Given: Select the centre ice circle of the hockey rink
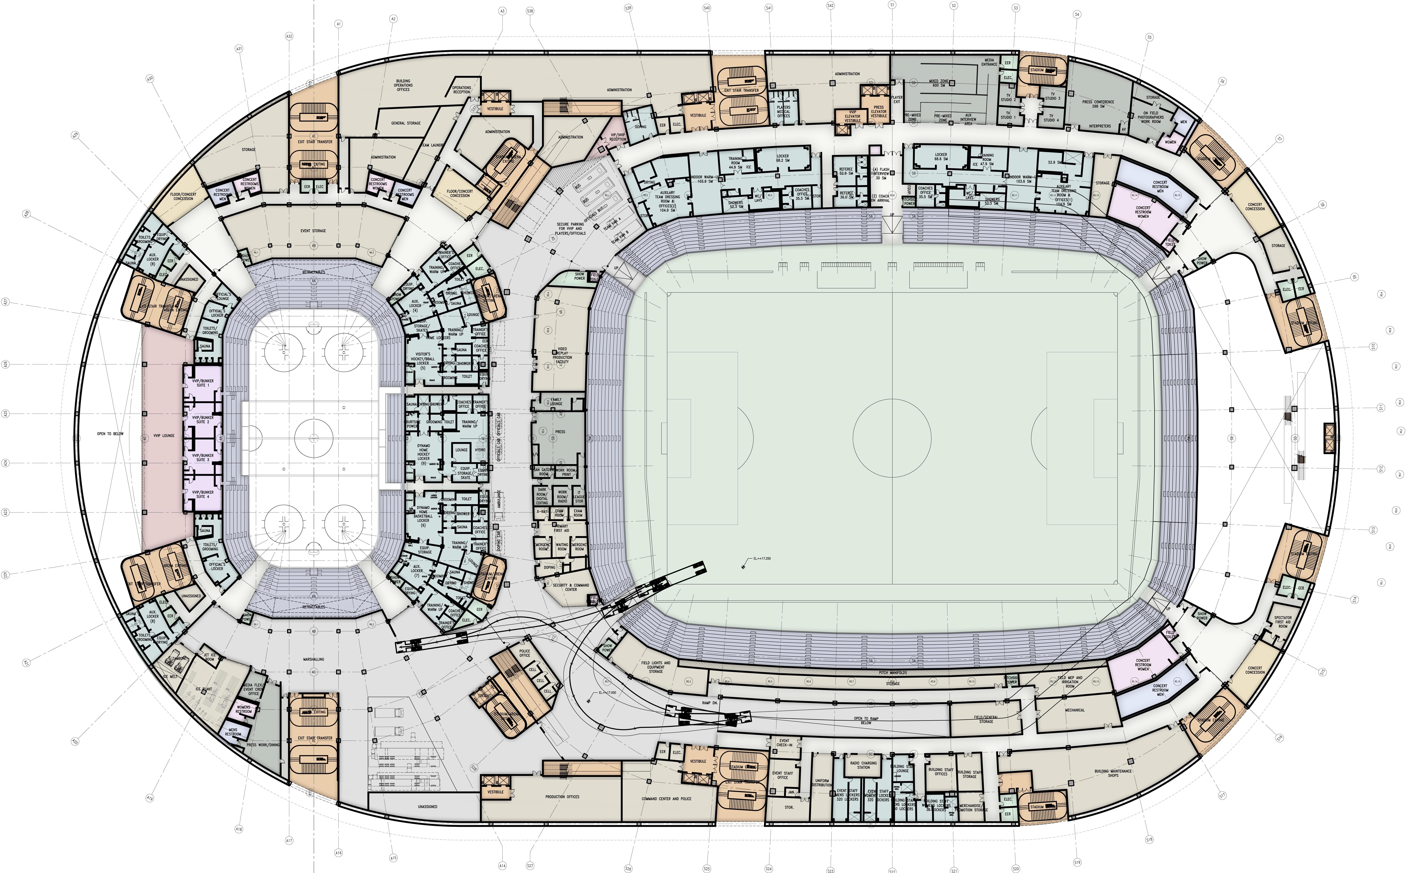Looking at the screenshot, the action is point(313,438).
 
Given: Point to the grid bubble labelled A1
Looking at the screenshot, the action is point(338,24).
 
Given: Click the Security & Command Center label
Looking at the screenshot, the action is point(571,587).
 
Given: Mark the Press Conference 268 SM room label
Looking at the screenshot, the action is point(1098,104).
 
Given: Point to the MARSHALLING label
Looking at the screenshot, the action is point(313,659).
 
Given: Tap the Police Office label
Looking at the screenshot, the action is point(524,653).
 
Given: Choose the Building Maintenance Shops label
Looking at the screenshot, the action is point(1113,773).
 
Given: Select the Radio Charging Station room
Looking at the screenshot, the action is point(863,765).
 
